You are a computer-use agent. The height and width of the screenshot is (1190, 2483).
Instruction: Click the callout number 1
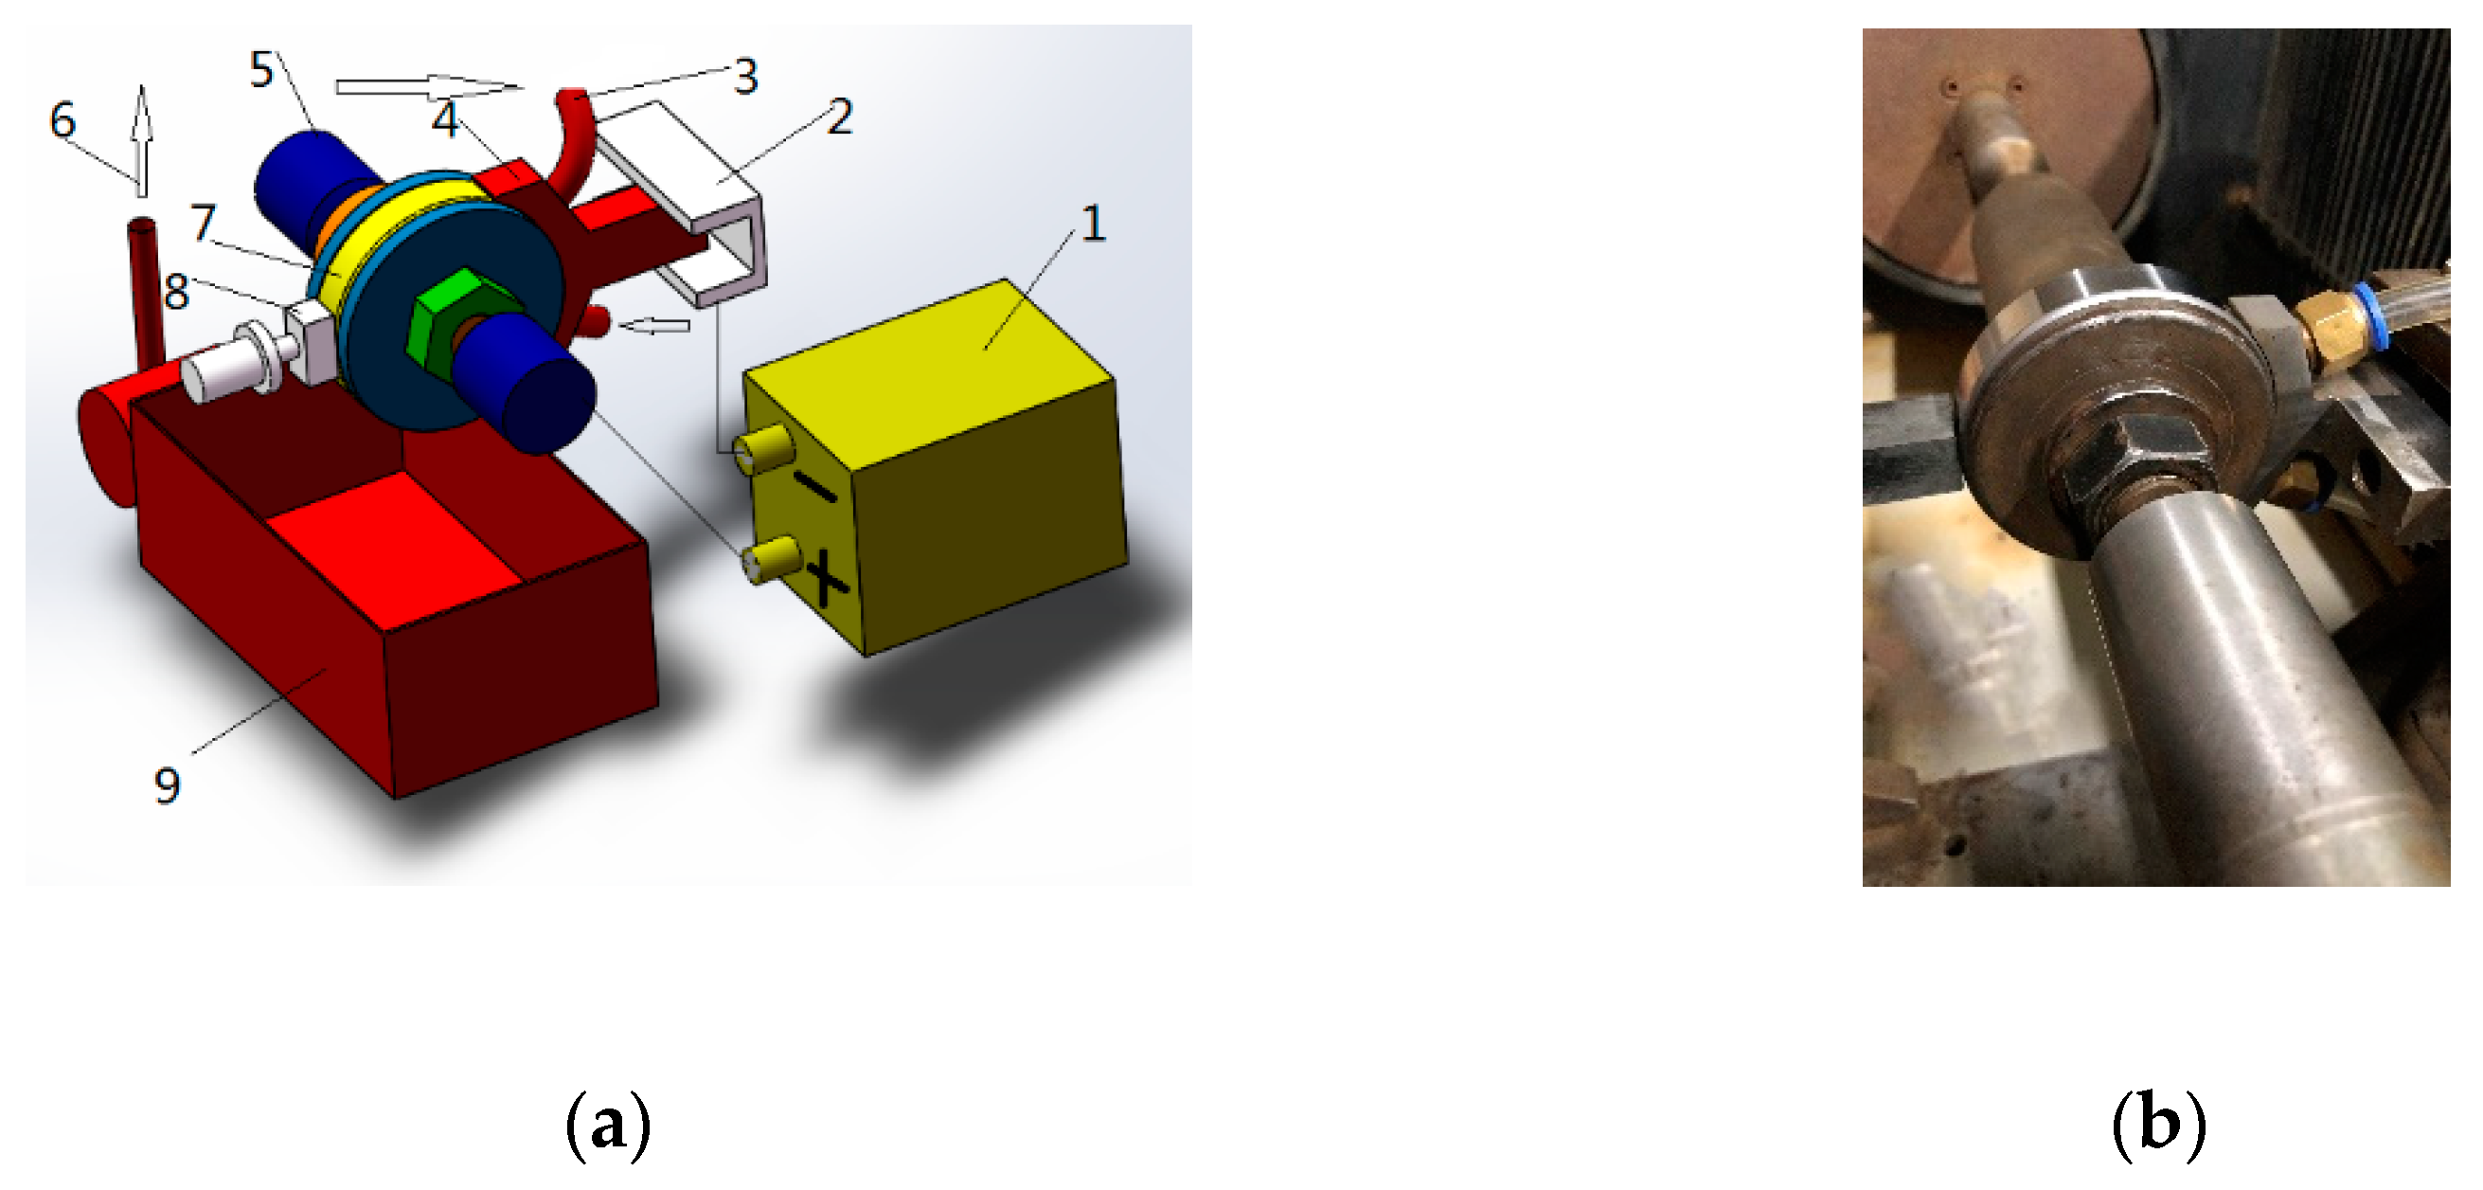tap(1092, 224)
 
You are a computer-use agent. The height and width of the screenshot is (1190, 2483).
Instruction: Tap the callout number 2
tap(841, 117)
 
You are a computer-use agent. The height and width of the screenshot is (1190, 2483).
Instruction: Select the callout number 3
tap(745, 76)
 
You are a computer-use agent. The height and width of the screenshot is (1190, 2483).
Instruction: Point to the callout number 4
tap(445, 119)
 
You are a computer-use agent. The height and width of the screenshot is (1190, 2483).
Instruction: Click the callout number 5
tap(262, 70)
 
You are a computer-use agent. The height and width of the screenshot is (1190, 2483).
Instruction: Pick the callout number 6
tap(63, 120)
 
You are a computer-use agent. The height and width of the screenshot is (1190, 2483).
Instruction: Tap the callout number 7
tap(204, 222)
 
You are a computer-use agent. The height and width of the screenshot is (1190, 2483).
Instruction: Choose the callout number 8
tap(176, 291)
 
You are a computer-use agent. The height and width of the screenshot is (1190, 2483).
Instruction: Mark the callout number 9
tap(168, 785)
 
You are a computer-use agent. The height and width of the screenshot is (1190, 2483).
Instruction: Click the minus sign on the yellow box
tap(817, 489)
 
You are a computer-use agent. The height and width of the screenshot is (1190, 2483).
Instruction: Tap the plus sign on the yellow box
tap(826, 579)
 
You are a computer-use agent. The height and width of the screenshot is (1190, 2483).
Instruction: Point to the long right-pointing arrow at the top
tap(430, 88)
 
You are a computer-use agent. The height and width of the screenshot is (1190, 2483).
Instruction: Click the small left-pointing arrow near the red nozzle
tap(654, 326)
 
